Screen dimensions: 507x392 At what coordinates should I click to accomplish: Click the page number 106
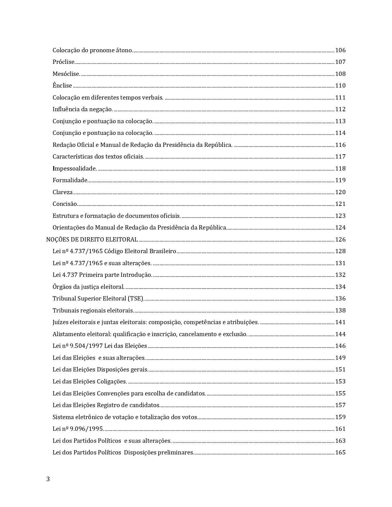340,50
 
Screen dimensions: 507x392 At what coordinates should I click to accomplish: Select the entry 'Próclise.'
64,62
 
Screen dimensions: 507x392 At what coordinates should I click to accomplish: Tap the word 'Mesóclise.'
66,74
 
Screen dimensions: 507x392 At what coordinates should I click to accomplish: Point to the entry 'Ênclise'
62,85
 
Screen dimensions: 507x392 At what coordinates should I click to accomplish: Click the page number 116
340,145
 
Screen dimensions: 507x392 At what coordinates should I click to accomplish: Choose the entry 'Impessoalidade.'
75,168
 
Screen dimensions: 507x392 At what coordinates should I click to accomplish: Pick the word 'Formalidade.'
70,180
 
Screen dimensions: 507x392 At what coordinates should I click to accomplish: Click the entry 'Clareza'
63,192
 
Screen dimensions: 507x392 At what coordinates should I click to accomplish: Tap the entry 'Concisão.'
65,204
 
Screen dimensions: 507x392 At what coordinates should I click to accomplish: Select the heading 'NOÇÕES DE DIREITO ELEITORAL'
92,239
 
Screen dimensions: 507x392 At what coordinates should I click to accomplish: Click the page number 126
340,239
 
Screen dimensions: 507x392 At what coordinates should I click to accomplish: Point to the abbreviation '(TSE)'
136,298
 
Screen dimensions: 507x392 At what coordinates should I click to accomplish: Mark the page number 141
340,322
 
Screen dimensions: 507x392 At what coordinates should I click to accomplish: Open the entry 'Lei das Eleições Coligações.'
90,381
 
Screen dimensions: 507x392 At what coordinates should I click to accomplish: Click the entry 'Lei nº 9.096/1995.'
78,429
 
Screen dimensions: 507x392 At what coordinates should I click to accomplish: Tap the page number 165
340,452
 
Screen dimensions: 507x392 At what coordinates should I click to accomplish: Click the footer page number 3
48,479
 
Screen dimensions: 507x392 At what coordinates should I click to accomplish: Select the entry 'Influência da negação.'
83,109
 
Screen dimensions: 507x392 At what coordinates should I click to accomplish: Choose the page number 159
340,417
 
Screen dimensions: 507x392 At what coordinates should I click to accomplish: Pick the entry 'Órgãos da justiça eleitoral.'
89,287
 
